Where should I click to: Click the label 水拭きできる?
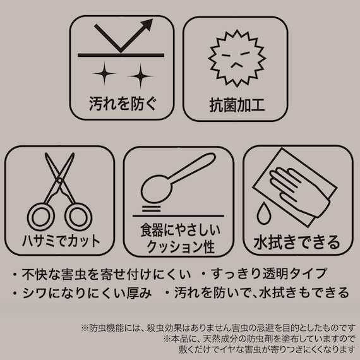point(297,242)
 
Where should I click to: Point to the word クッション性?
point(179,247)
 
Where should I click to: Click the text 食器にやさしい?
point(179,231)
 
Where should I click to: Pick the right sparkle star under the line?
point(137,76)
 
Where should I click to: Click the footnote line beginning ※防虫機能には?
point(214,328)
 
